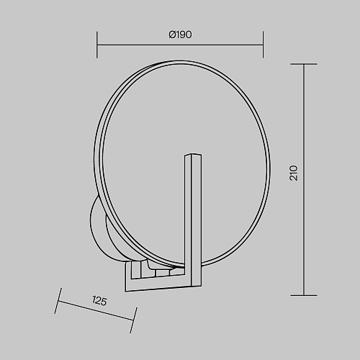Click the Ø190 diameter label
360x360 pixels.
(x=180, y=35)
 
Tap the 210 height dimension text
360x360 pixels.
(x=294, y=173)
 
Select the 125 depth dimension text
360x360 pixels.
(x=99, y=301)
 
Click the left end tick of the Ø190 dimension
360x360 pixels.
(x=97, y=45)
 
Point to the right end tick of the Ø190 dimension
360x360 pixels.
(x=263, y=45)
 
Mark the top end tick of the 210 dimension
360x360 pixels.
(x=304, y=64)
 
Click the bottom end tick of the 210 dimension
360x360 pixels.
(x=304, y=295)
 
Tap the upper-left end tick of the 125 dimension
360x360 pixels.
(x=58, y=301)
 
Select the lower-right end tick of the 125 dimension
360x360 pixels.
(x=133, y=320)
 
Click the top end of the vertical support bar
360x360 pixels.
(x=193, y=155)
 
